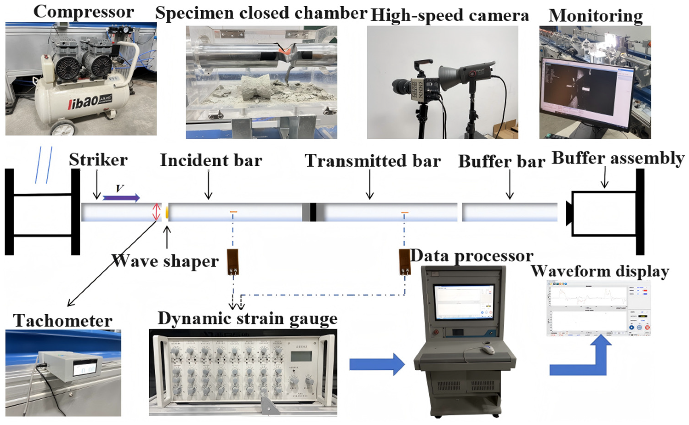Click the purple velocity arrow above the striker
tap(121, 198)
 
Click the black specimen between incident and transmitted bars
tap(313, 212)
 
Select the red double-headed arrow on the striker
tap(156, 212)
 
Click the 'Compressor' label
tap(84, 12)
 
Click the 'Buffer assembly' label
tap(618, 158)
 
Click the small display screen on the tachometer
tap(84, 369)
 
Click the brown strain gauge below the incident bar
tap(233, 262)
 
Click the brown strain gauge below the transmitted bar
tap(405, 262)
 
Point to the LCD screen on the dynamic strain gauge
tap(301, 356)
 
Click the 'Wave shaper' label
tap(165, 261)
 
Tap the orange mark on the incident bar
tap(233, 211)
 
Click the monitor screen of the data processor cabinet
tap(464, 302)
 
